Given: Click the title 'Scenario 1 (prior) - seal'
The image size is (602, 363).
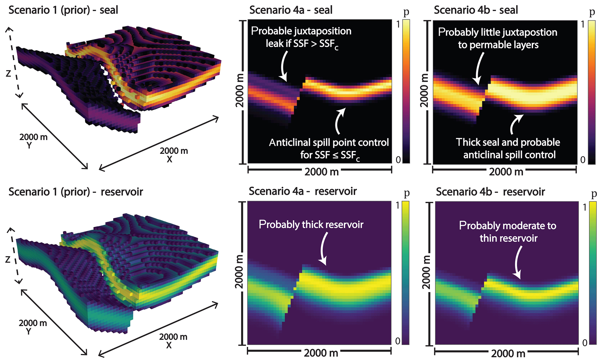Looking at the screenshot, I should tap(63, 10).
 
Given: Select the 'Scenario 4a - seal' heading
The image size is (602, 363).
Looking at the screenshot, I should tap(291, 10).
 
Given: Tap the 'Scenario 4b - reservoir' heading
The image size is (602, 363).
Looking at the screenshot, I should tap(490, 192).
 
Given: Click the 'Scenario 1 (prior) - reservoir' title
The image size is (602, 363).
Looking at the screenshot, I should tap(76, 192).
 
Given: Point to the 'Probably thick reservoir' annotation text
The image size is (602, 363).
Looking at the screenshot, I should tap(311, 225).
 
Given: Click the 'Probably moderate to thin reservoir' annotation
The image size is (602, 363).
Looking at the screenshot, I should tap(508, 232).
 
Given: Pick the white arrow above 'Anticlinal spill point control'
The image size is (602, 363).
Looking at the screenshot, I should tap(339, 121).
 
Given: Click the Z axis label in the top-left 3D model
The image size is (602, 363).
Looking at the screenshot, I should tap(8, 74).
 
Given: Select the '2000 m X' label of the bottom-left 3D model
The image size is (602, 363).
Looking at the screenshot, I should tap(173, 341).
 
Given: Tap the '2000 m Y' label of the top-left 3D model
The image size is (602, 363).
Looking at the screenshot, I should tap(33, 140).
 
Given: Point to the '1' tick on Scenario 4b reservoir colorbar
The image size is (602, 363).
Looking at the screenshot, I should tap(584, 207).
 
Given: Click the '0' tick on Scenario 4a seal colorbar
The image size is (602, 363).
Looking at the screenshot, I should tap(398, 159).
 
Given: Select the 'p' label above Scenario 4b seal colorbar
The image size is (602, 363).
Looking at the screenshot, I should tap(592, 13).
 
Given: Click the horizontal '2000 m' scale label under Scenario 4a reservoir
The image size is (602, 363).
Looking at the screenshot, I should tap(321, 353).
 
